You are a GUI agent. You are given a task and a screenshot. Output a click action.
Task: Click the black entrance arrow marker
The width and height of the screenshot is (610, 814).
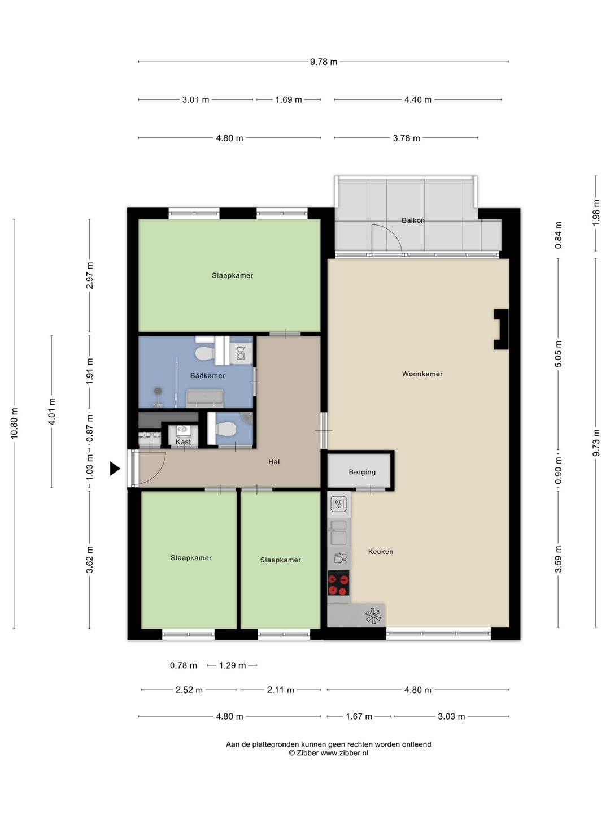click(x=115, y=469)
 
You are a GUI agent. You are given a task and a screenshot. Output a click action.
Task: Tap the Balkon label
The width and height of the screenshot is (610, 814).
click(x=413, y=220)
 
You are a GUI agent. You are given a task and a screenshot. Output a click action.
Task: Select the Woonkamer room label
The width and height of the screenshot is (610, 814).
click(x=422, y=374)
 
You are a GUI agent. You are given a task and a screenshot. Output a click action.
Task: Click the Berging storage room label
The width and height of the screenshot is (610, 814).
click(x=362, y=472)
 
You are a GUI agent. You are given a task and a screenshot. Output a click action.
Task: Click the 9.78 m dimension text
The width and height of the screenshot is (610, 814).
click(x=323, y=62)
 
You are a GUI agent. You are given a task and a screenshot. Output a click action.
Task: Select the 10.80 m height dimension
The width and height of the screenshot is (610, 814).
click(x=15, y=423)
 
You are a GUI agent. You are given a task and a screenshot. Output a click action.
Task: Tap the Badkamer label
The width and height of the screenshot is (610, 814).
click(x=207, y=376)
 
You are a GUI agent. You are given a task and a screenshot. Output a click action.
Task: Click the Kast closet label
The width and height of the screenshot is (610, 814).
click(x=184, y=441)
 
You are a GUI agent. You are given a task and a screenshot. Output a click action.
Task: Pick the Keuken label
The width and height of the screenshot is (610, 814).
click(x=380, y=552)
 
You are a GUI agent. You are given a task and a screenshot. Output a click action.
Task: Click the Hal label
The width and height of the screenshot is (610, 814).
click(x=274, y=462)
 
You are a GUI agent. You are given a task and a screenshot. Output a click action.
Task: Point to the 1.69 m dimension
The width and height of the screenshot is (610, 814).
click(x=288, y=99)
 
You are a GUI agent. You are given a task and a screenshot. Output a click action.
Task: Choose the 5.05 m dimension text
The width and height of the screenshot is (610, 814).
click(x=559, y=354)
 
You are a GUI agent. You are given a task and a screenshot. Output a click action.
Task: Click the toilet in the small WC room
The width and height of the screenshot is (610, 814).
click(x=225, y=429)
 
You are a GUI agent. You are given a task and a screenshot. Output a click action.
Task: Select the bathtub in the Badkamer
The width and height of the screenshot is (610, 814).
click(x=205, y=399)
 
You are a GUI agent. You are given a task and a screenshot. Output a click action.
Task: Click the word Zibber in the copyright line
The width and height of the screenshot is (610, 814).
click(x=307, y=753)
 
